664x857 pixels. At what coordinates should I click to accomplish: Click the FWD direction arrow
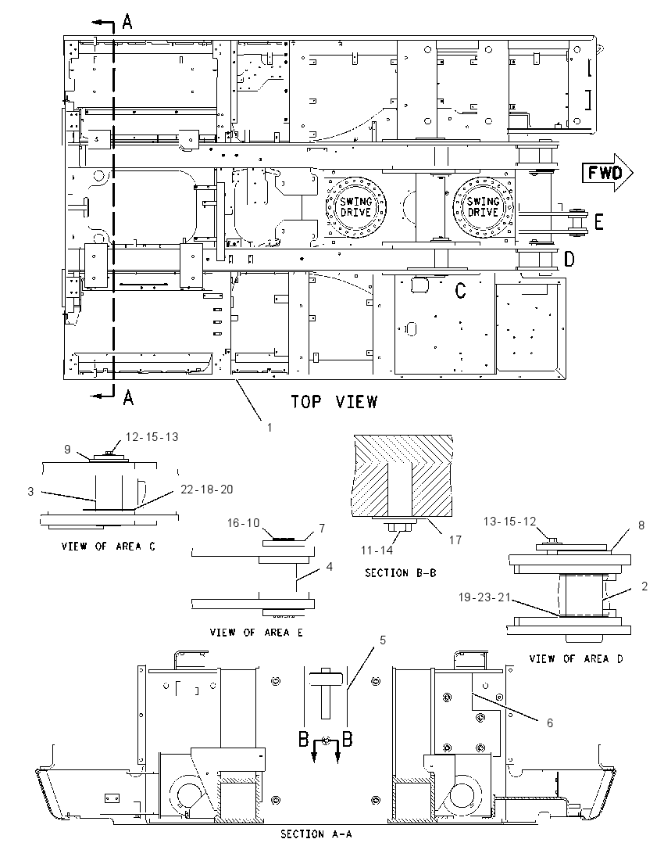point(607,173)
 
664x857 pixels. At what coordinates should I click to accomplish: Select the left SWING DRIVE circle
point(356,206)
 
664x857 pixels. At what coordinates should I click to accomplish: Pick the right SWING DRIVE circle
point(484,206)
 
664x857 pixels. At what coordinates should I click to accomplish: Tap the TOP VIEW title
point(334,402)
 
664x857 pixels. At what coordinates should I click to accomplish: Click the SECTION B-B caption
point(400,573)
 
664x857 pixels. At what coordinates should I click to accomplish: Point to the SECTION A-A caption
point(316,834)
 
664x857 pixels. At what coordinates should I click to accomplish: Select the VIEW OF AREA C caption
point(108,546)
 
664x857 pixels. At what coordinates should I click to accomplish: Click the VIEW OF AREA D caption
point(576,658)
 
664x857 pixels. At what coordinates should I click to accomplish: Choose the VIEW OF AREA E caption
point(256,633)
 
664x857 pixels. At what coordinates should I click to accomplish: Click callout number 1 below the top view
point(270,428)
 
